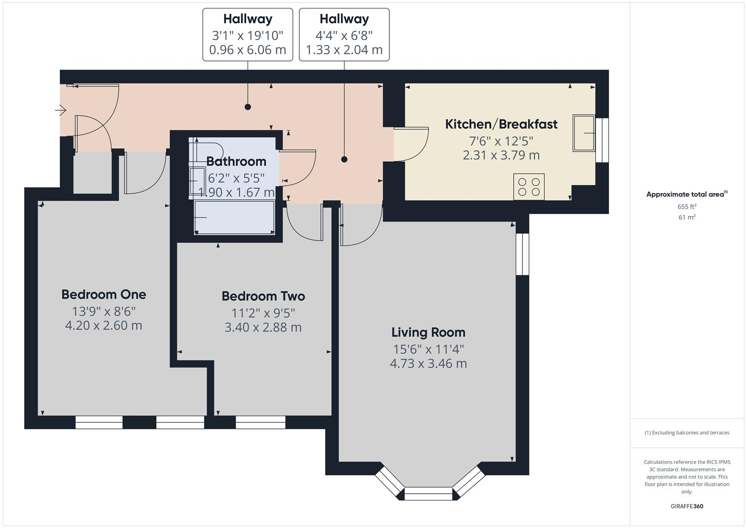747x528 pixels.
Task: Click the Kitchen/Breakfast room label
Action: pyautogui.click(x=501, y=124)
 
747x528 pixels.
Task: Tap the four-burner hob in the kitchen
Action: pyautogui.click(x=529, y=187)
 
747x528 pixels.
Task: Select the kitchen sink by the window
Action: pyautogui.click(x=584, y=133)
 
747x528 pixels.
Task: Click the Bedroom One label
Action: pyautogui.click(x=104, y=294)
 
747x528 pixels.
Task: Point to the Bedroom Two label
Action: pyautogui.click(x=263, y=296)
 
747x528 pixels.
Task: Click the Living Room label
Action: pyautogui.click(x=428, y=332)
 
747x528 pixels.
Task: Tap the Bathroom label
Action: pyautogui.click(x=236, y=161)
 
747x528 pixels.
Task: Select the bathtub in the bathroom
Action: pyautogui.click(x=234, y=218)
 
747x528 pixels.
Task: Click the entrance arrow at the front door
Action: pyautogui.click(x=61, y=110)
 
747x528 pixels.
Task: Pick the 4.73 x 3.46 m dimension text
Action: pyautogui.click(x=428, y=364)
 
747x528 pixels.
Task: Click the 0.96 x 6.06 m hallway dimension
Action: pyautogui.click(x=248, y=50)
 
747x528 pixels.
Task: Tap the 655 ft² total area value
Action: pyautogui.click(x=687, y=206)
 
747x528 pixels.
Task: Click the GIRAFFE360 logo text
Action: pyautogui.click(x=687, y=506)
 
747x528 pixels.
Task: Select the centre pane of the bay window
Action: pyautogui.click(x=429, y=494)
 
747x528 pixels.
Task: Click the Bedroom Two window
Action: pyautogui.click(x=260, y=422)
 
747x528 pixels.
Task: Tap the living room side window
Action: pyautogui.click(x=522, y=254)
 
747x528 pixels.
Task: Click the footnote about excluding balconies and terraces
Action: pyautogui.click(x=687, y=433)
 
